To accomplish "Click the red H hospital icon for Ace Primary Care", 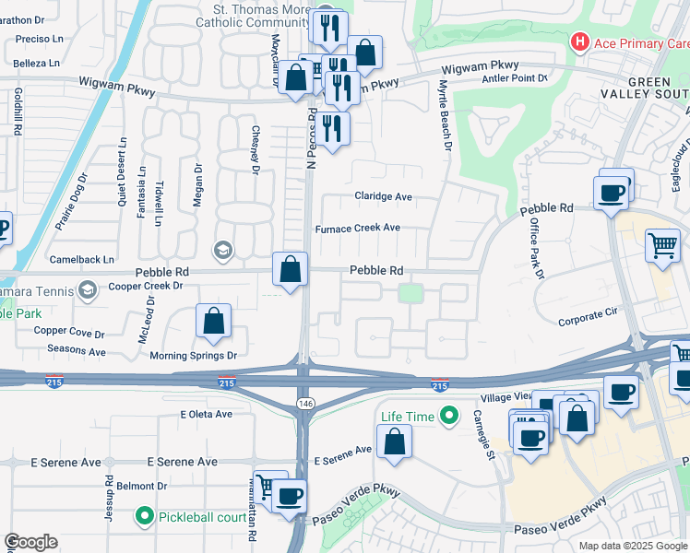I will [x=579, y=42].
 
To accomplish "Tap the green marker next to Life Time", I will [x=449, y=417].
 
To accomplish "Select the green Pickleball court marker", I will [x=144, y=516].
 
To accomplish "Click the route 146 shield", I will [x=304, y=404].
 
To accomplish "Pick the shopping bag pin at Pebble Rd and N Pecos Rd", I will [x=290, y=270].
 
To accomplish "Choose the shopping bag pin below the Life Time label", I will [x=394, y=441].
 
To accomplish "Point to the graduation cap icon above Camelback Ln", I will [x=222, y=250].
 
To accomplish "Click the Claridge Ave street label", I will [x=383, y=197].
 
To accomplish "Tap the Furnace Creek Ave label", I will [x=358, y=228].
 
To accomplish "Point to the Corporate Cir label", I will [x=587, y=322].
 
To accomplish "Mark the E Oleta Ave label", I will [x=207, y=414].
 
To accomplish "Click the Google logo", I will [x=30, y=542].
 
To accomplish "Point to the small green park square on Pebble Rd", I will [x=410, y=294].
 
